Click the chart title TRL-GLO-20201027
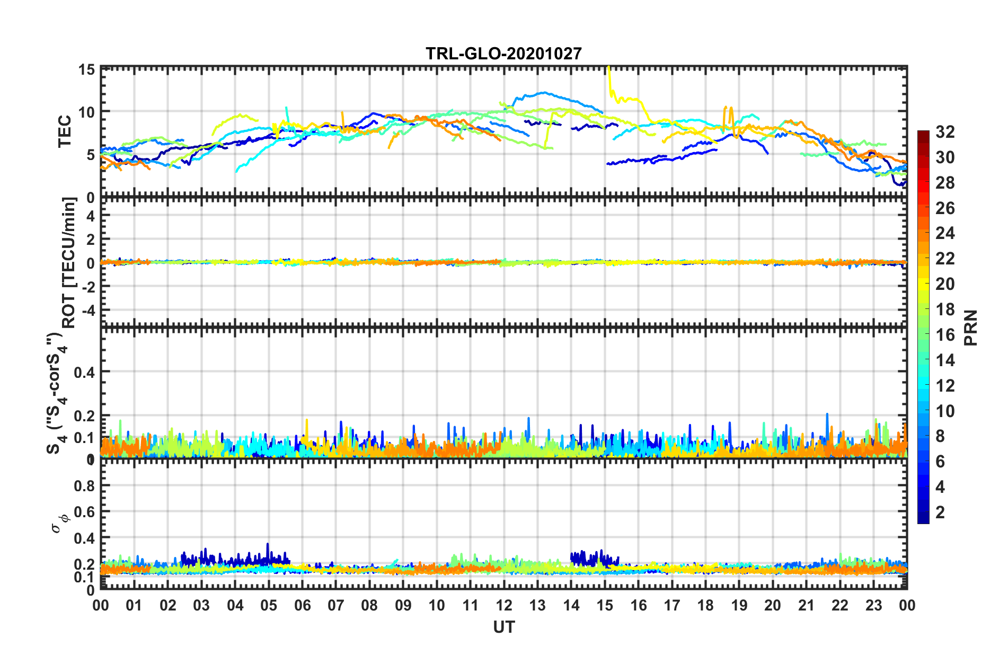[x=503, y=54]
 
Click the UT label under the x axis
[x=503, y=627]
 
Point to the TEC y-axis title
[x=65, y=131]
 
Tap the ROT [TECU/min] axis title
[x=69, y=262]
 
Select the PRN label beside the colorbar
[x=971, y=328]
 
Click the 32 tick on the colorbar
[x=945, y=132]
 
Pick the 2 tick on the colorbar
[x=940, y=512]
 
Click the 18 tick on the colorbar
[x=945, y=309]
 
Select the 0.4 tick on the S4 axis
[x=84, y=372]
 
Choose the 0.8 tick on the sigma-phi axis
[x=84, y=486]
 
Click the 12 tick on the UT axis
[x=504, y=605]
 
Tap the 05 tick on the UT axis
[x=269, y=605]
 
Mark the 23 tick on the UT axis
[x=873, y=605]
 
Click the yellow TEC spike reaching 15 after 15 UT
[x=609, y=74]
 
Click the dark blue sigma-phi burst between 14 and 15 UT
[x=588, y=558]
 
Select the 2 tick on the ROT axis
[x=91, y=239]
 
